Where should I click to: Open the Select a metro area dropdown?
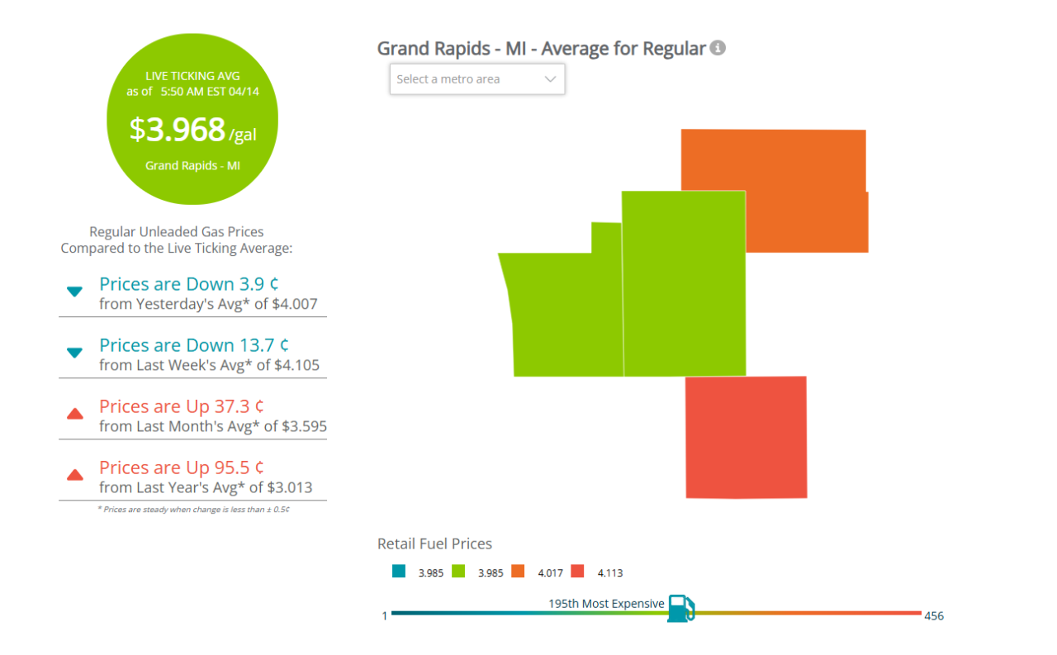point(476,79)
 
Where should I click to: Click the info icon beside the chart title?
point(718,48)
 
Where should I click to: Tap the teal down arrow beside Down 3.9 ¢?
point(74,291)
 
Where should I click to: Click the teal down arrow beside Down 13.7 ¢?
point(74,353)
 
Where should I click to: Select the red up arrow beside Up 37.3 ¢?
point(74,413)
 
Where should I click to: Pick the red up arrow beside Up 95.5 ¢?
point(74,474)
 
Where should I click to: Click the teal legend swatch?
point(399,571)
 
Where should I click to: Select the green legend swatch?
point(458,571)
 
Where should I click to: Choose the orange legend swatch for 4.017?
point(518,571)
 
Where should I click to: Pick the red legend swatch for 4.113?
point(577,571)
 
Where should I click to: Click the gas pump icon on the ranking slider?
point(680,609)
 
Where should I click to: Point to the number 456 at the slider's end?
point(934,616)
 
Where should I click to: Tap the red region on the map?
point(746,437)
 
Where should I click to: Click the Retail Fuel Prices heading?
point(434,543)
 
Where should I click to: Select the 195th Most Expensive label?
point(606,604)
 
